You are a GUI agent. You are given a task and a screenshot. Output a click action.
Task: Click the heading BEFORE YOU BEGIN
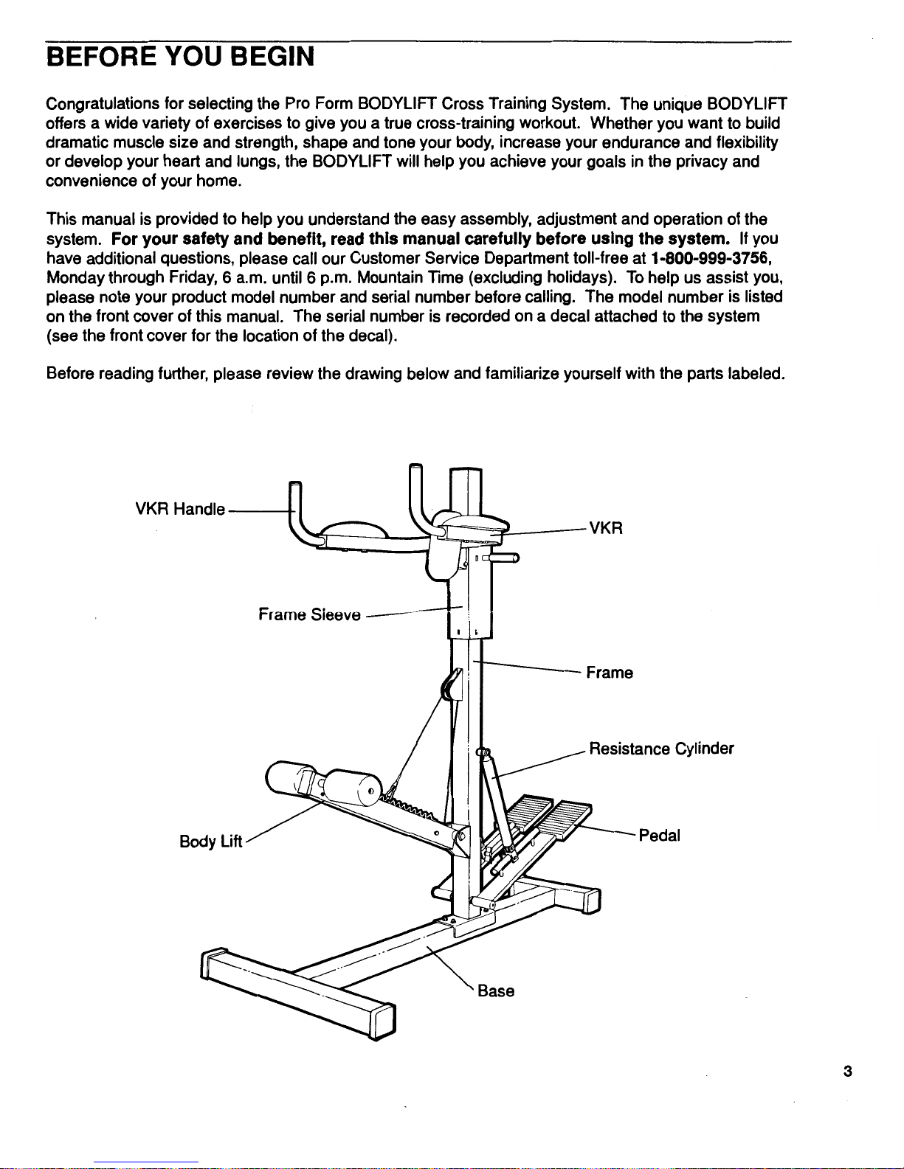(180, 56)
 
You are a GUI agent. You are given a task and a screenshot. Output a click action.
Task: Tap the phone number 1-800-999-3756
(708, 258)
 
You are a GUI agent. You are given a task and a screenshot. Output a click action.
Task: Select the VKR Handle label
(180, 509)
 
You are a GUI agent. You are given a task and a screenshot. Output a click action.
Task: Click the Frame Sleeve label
(309, 614)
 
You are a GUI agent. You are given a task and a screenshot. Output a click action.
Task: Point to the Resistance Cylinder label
(661, 749)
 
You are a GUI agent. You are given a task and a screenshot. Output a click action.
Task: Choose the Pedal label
(659, 836)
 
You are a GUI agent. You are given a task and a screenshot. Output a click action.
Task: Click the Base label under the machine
(496, 991)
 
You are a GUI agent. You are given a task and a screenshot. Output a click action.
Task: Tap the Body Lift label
(210, 842)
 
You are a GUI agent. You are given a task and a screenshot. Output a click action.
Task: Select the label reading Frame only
(609, 673)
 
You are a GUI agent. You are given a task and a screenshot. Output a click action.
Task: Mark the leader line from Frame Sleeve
(410, 611)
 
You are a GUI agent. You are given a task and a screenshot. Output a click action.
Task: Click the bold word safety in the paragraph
(206, 239)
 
